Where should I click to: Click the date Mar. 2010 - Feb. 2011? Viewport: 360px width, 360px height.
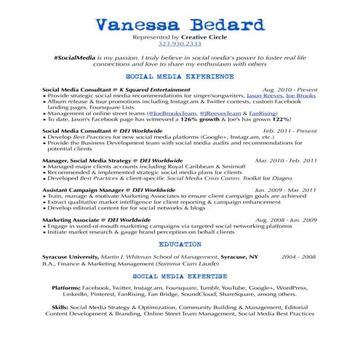pos(286,160)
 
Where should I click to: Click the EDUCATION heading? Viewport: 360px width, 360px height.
pos(179,245)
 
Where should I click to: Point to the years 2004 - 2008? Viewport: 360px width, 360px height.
pos(298,257)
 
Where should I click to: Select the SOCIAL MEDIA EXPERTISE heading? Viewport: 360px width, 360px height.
pos(179,277)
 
